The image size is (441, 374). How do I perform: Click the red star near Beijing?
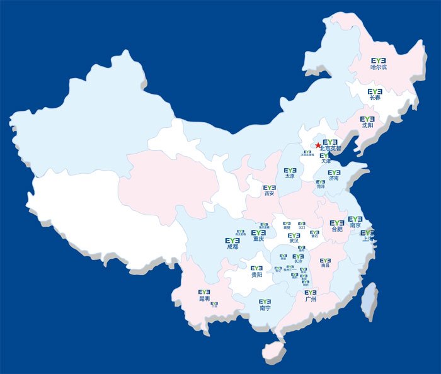[318, 145]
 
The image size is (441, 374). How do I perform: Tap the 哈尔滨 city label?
[379, 67]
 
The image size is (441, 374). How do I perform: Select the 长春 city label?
[375, 98]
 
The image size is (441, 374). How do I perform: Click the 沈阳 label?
[367, 125]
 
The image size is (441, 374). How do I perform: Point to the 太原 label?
[289, 176]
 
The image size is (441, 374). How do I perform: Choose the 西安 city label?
[270, 194]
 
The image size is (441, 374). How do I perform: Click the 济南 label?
[333, 179]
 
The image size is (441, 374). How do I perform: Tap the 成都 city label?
[233, 247]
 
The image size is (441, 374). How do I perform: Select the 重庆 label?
[258, 239]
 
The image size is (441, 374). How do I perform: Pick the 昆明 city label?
[204, 298]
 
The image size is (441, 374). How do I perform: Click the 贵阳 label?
[256, 275]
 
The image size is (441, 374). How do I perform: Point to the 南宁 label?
[265, 309]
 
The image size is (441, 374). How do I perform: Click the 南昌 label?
[325, 266]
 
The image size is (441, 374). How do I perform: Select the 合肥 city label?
[337, 229]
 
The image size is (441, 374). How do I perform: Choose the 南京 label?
[355, 225]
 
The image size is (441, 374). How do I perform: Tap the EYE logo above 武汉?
[294, 235]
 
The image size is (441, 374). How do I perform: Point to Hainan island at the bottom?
[273, 351]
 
